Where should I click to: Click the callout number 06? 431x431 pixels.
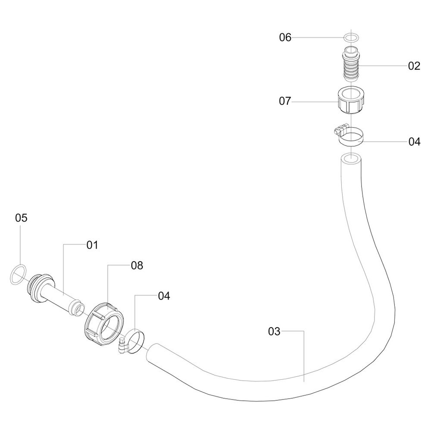point(285,37)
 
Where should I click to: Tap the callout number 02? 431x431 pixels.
point(414,66)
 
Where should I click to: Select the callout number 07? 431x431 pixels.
point(285,101)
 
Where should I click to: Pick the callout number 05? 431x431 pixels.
point(21,218)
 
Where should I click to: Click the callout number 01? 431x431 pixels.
point(92,245)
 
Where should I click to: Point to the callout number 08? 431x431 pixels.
point(137,265)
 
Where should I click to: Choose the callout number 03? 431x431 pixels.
point(274,331)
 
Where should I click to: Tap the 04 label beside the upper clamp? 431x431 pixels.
point(414,142)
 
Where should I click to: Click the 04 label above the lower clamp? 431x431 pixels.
point(164,296)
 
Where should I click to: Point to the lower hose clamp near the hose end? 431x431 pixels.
point(134,340)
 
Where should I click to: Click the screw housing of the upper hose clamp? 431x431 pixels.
point(340,128)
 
